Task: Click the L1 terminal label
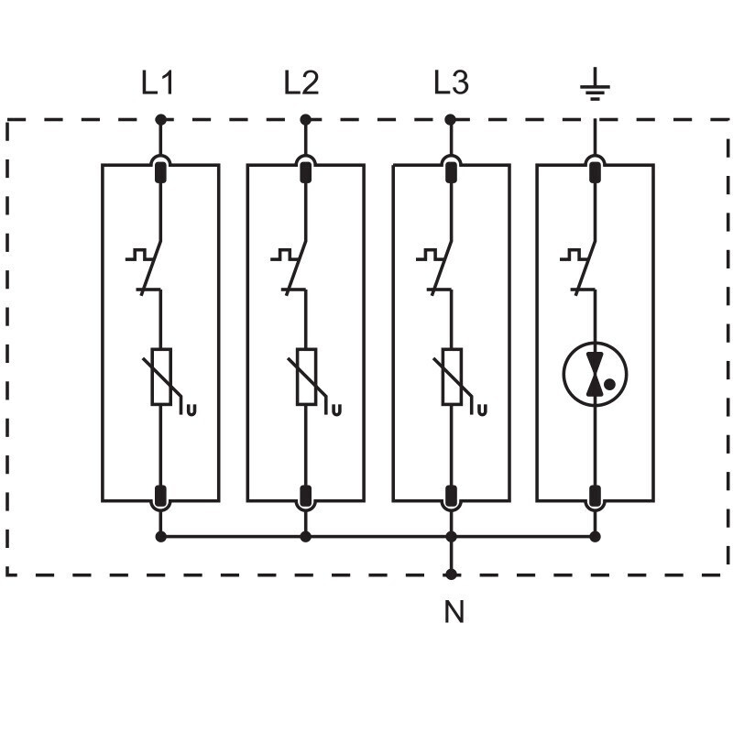[158, 84]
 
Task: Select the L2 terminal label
[301, 84]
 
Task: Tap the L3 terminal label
[451, 84]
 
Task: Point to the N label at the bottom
[454, 612]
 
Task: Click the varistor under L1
[161, 377]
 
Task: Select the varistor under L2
[306, 377]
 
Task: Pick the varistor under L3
[451, 377]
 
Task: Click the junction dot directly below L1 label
[161, 119]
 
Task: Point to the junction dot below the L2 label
[306, 119]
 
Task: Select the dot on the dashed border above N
[451, 574]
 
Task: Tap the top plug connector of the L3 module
[451, 170]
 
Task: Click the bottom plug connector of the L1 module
[161, 496]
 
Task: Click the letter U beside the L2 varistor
[337, 409]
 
